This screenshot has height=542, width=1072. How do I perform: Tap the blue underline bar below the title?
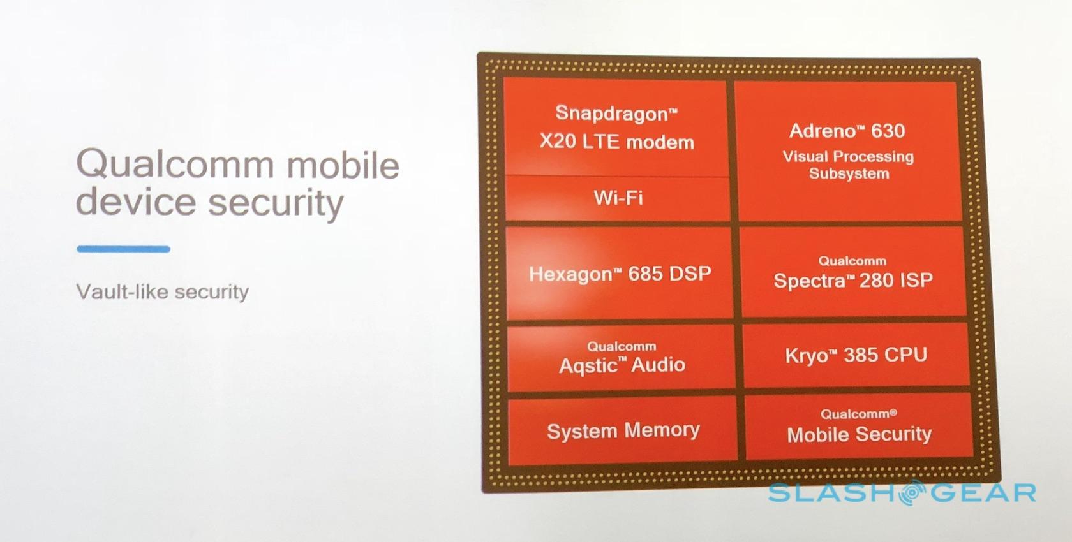[x=124, y=249]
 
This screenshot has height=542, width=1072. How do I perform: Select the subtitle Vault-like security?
[x=163, y=292]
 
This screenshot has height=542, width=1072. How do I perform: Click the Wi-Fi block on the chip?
[x=618, y=198]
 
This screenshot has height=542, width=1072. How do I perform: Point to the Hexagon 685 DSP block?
[x=620, y=273]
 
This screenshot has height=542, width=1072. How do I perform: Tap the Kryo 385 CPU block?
[x=856, y=355]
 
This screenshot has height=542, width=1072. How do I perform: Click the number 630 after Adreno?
[x=888, y=131]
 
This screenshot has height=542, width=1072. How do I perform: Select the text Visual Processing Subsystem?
[x=849, y=165]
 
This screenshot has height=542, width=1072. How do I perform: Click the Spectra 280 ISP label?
[x=852, y=281]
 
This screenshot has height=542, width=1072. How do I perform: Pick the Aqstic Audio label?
[x=622, y=365]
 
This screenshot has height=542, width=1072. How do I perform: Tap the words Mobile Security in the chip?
[x=860, y=434]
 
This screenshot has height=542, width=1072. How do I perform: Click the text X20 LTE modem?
[x=617, y=142]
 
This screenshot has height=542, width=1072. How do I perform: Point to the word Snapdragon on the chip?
[x=614, y=114]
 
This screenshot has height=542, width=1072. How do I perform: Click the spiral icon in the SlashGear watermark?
[x=912, y=492]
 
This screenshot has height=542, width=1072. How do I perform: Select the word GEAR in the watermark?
[x=983, y=493]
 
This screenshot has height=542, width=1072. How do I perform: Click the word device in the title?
[x=136, y=201]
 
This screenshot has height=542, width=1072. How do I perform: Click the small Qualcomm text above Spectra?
[x=852, y=261]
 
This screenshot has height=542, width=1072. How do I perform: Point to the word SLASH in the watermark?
[x=833, y=493]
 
